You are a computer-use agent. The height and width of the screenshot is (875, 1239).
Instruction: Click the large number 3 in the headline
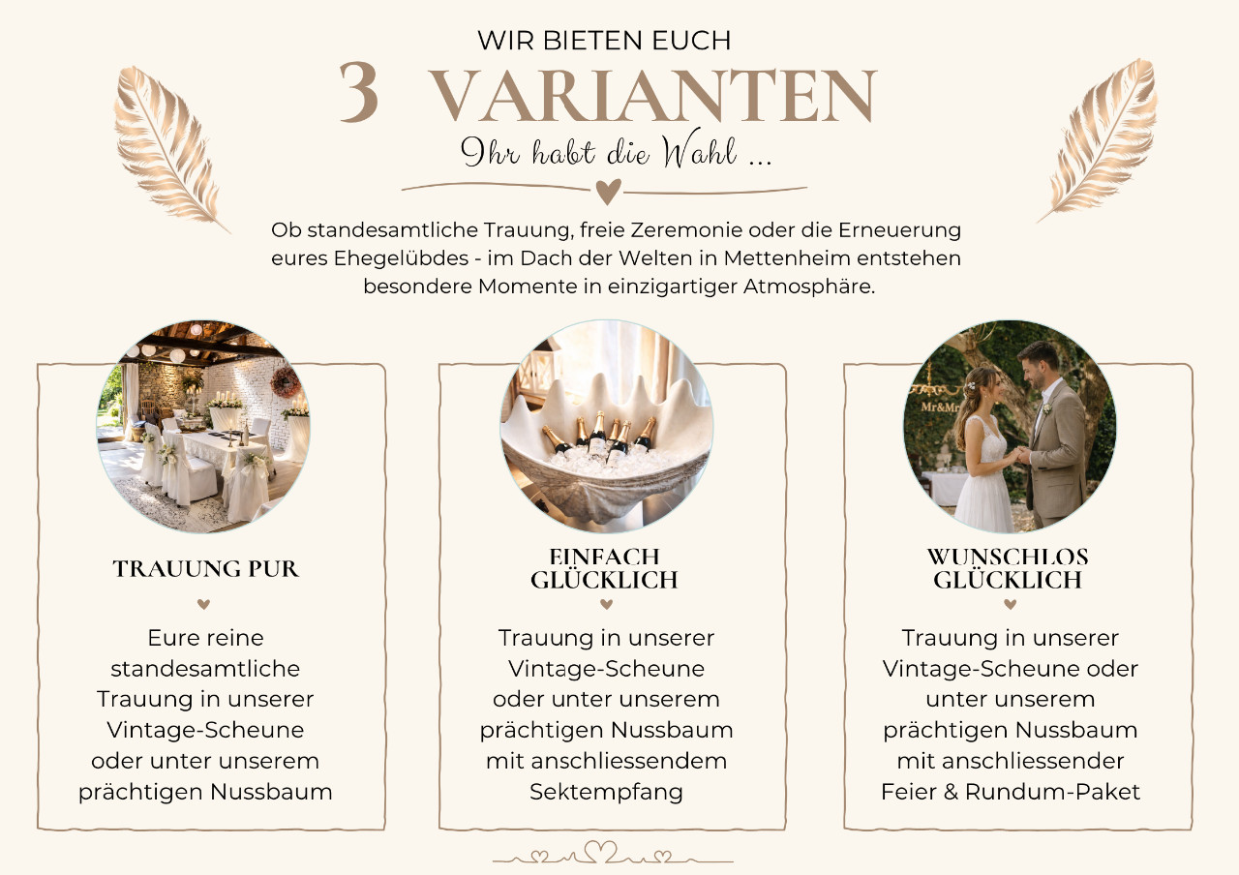(x=359, y=91)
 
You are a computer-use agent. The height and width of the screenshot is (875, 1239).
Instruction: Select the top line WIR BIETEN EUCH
(x=604, y=41)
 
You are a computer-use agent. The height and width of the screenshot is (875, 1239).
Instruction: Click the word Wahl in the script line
(x=699, y=149)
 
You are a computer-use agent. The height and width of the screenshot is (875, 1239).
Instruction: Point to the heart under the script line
(x=609, y=192)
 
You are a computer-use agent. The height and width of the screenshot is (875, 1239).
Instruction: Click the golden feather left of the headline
(x=168, y=148)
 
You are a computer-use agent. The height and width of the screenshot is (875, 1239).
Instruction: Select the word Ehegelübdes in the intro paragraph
(x=401, y=258)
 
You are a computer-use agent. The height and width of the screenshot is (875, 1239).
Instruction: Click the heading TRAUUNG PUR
(x=205, y=568)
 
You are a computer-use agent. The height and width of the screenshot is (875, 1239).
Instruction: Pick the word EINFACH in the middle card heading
(x=604, y=557)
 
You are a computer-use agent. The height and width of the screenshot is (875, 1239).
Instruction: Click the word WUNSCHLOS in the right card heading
(x=1008, y=557)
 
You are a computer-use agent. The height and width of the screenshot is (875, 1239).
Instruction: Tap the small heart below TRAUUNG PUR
(x=203, y=604)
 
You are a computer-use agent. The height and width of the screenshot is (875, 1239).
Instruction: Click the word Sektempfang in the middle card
(x=606, y=792)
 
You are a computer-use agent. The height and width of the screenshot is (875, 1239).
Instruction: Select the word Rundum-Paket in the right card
(x=1052, y=792)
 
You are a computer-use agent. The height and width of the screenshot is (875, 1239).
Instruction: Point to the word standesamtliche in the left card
(x=205, y=669)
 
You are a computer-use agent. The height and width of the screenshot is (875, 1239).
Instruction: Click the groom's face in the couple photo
(x=1038, y=366)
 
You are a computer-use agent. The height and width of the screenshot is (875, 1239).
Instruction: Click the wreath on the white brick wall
(x=285, y=381)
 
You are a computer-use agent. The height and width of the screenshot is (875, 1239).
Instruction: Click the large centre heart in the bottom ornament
(x=601, y=852)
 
